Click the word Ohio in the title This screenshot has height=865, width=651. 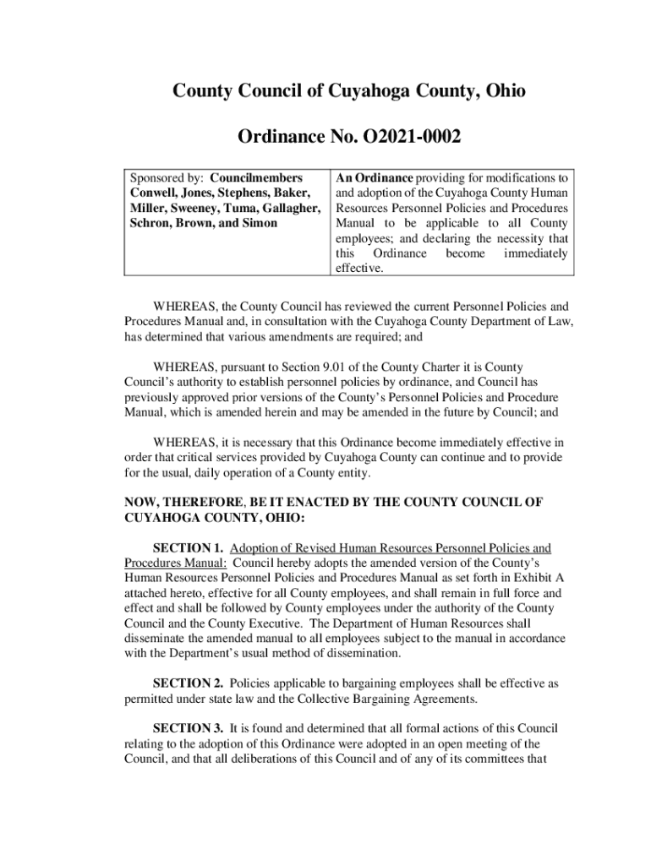coord(503,90)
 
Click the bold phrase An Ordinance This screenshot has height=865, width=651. coord(374,178)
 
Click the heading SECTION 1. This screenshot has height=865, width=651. coord(188,548)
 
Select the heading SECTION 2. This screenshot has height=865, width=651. coord(188,683)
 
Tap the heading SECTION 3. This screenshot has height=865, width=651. coord(188,728)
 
